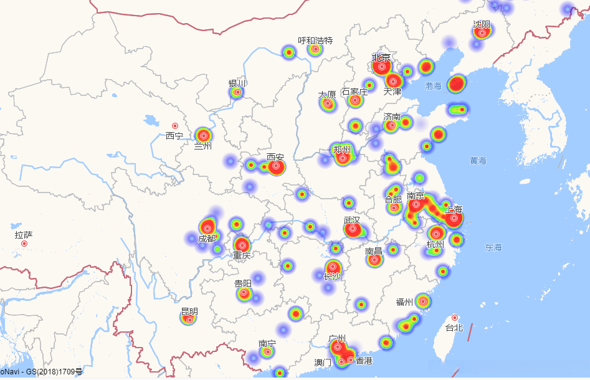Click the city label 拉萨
pyautogui.click(x=24, y=235)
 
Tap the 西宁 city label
pyautogui.click(x=174, y=136)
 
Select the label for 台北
pyautogui.click(x=454, y=328)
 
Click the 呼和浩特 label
pyautogui.click(x=315, y=40)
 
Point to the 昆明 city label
pyautogui.click(x=189, y=311)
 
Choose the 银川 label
pyautogui.click(x=237, y=83)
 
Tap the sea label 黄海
pyautogui.click(x=478, y=161)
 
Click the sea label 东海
pyautogui.click(x=493, y=247)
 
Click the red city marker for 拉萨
pyautogui.click(x=24, y=244)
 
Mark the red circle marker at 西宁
pyautogui.click(x=175, y=126)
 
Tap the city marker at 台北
pyautogui.click(x=455, y=318)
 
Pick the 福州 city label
pyautogui.click(x=404, y=303)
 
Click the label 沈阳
pyautogui.click(x=482, y=24)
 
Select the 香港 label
pyautogui.click(x=364, y=361)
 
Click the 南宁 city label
pyautogui.click(x=267, y=344)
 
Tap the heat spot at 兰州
pyautogui.click(x=203, y=135)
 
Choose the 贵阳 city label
pyautogui.click(x=243, y=284)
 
